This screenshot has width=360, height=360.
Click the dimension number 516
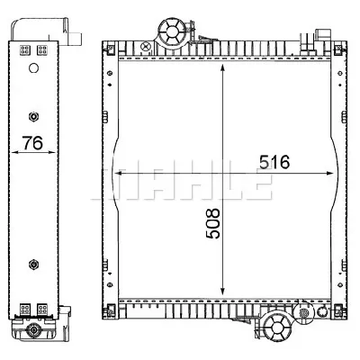point(274,163)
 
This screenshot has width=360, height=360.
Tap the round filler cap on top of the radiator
point(170,31)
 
